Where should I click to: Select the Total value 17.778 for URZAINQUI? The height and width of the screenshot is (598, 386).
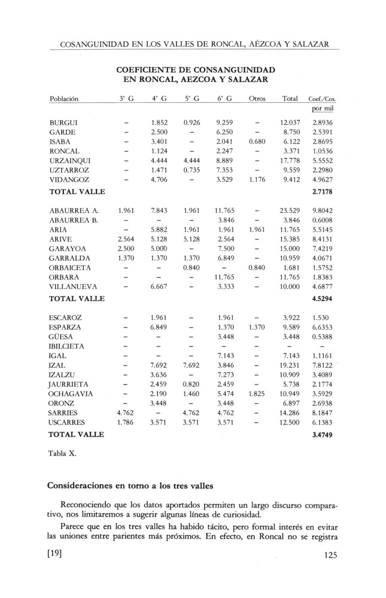(x=290, y=161)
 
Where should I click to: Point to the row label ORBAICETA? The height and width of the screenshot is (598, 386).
(x=70, y=267)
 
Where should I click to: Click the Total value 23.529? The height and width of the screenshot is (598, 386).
(x=290, y=210)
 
